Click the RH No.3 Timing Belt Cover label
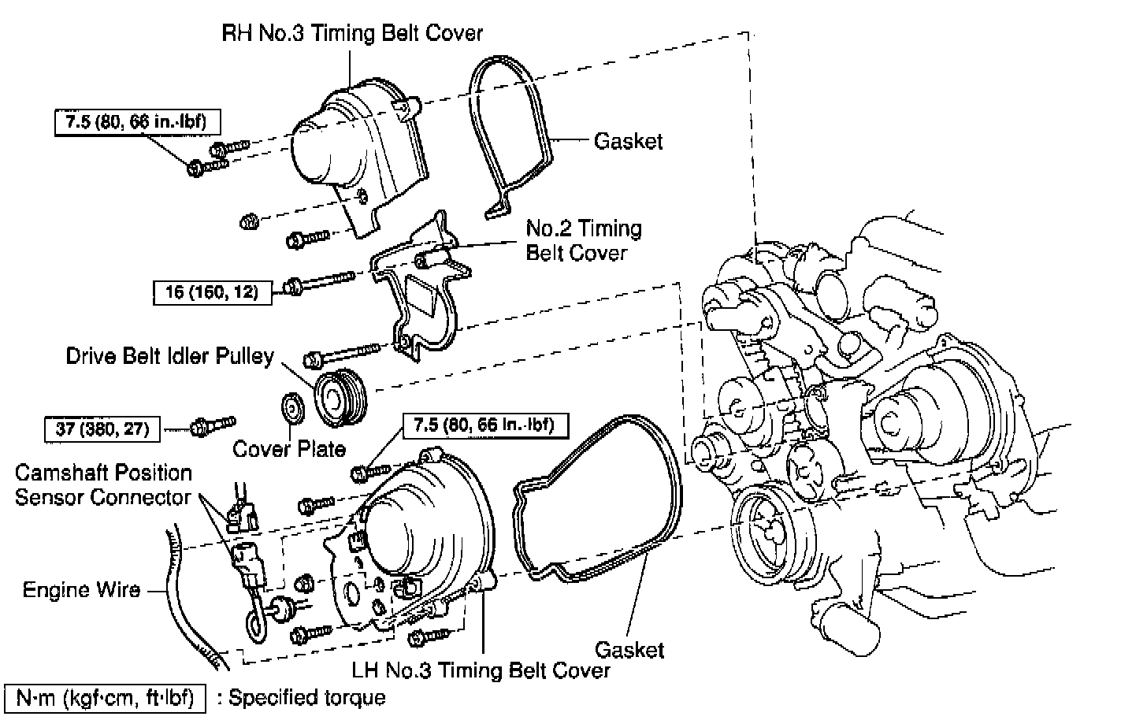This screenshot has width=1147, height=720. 352,33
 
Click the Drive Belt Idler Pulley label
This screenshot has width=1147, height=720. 170,356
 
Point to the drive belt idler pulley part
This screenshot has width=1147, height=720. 340,397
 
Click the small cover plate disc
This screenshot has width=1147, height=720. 293,409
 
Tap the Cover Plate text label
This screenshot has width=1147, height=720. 289,449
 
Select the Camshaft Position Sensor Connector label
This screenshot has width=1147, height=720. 103,485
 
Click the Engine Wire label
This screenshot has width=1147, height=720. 81,590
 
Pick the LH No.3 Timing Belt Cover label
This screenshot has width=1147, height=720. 481,670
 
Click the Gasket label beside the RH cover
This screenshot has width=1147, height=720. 628,141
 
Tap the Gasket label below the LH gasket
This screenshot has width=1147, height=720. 629,650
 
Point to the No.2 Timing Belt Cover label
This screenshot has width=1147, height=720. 584,241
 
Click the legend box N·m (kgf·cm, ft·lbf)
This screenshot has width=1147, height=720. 105,698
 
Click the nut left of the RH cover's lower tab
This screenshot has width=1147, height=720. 250,221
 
